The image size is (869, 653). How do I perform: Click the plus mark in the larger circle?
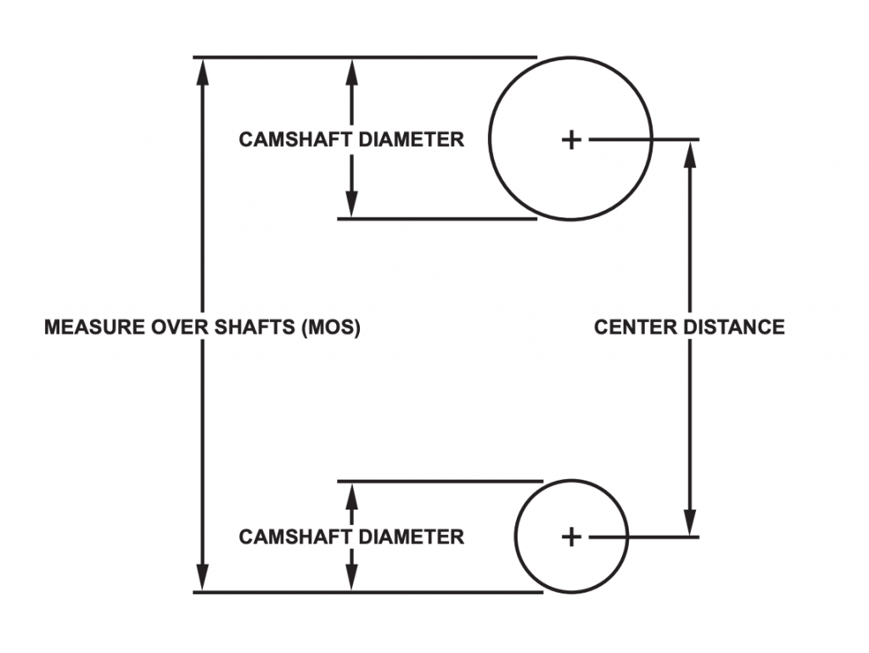[x=571, y=139]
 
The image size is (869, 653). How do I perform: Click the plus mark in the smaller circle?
[x=571, y=537]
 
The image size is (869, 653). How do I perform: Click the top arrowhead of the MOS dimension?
[x=203, y=70]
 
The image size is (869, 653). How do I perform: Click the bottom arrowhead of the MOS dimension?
[x=203, y=578]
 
